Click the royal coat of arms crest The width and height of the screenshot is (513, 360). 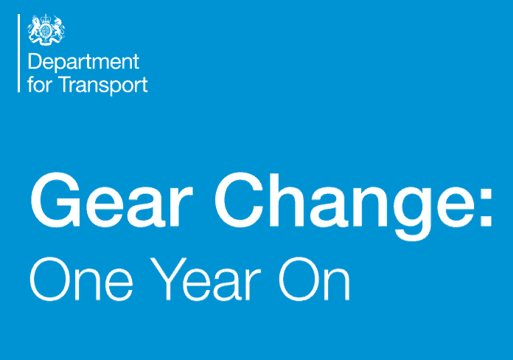46,30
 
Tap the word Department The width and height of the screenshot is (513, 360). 84,63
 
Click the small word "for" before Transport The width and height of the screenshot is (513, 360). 40,84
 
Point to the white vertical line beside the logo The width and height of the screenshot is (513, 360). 18,53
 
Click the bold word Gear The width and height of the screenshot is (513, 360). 111,200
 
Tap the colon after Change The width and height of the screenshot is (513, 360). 486,207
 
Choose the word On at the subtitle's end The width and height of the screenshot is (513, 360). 315,279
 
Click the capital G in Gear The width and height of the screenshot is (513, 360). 55,200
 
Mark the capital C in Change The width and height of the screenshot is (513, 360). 240,200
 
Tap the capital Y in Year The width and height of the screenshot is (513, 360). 168,279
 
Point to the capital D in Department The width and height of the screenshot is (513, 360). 35,61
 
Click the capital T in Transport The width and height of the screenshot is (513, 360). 67,84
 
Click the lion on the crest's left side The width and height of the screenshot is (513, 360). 34,29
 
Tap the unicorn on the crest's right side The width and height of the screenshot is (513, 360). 58,29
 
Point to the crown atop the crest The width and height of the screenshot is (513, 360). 46,18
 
